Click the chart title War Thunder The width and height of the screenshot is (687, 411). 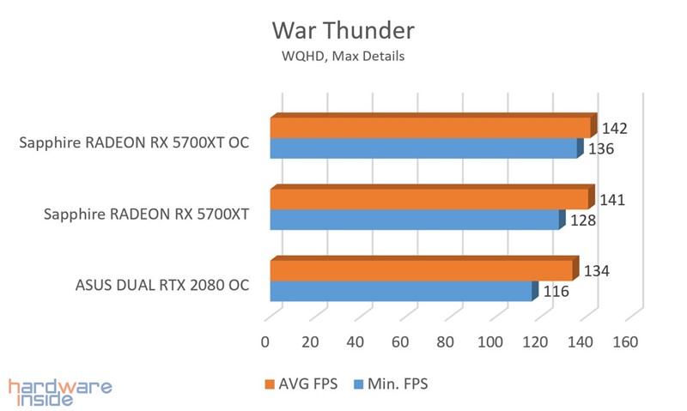pos(343,31)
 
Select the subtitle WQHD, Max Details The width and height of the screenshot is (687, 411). pos(343,57)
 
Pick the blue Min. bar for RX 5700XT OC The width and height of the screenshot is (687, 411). pos(424,149)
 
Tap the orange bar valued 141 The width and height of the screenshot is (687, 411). pos(429,199)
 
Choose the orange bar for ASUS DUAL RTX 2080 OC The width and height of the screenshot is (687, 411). pos(422,270)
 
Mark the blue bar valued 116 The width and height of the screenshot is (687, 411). pos(401,292)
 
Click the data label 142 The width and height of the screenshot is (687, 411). pos(614,129)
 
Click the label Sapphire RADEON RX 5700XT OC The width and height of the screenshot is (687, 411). pos(134,142)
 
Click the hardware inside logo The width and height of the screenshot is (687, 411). pos(59,391)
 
